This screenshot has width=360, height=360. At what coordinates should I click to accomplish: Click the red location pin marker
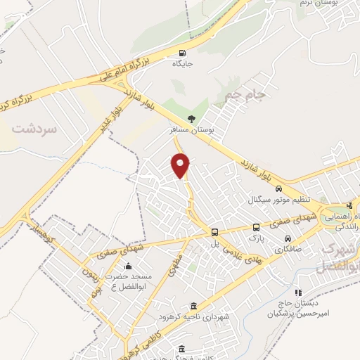181,164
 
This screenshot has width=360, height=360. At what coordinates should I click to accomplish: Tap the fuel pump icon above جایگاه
184,53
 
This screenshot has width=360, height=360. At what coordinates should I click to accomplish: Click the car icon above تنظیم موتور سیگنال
279,188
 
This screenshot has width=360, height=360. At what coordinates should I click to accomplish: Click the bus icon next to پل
215,232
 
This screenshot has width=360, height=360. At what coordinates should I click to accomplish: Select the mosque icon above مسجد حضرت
127,266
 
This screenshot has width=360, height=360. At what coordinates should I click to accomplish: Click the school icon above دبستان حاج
298,291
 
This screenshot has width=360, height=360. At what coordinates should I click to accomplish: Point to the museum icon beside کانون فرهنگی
182,349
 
